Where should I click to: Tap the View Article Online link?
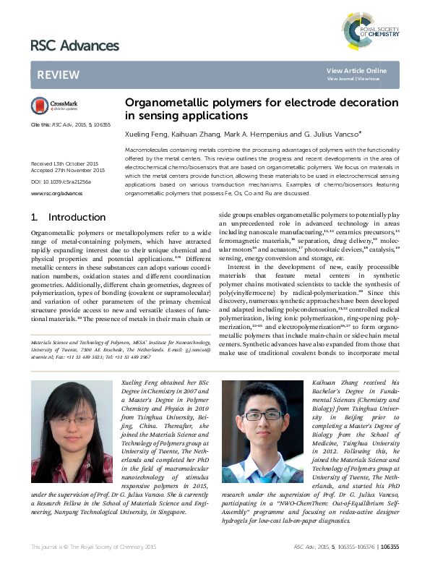(x=356, y=70)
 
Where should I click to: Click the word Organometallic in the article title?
(x=163, y=103)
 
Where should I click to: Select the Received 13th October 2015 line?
(x=64, y=164)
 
